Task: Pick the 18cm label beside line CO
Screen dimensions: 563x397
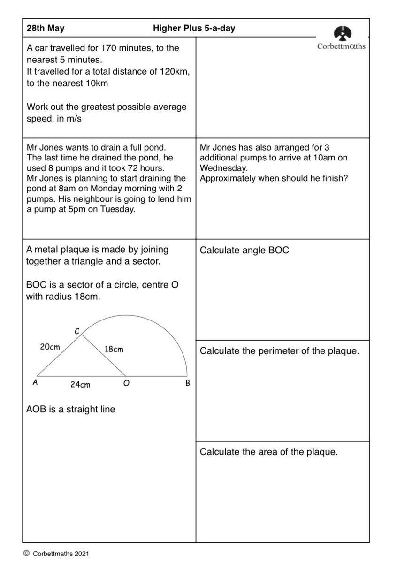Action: [114, 350]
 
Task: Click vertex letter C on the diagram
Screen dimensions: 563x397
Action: [77, 331]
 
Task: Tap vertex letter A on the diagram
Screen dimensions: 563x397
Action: [34, 383]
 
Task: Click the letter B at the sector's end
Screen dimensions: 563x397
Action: [188, 384]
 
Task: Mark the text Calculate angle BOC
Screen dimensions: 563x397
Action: [244, 251]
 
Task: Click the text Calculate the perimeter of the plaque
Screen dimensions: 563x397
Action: [279, 350]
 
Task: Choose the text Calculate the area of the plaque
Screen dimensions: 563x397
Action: [268, 452]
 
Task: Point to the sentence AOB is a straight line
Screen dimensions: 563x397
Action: [70, 409]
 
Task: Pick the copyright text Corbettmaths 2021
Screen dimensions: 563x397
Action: [60, 553]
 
